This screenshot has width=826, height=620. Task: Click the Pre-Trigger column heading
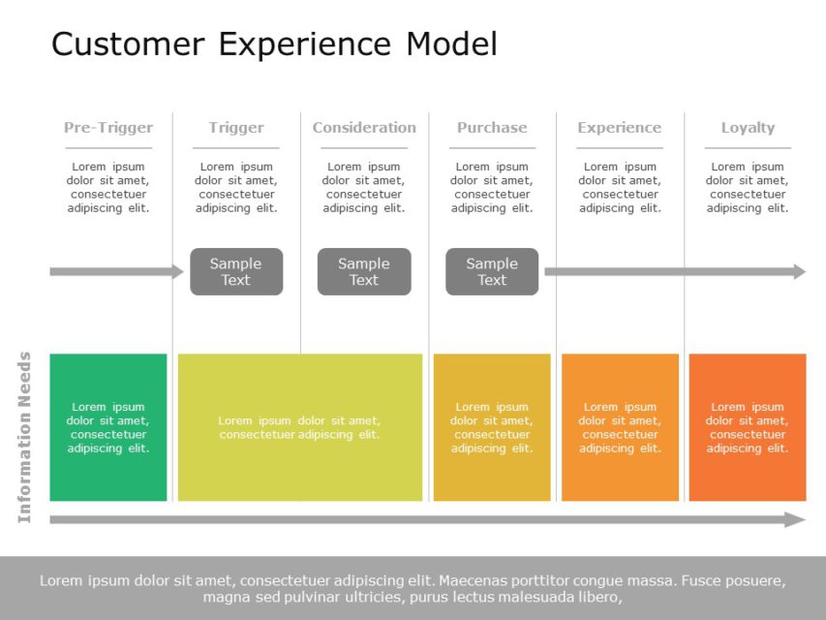pos(108,128)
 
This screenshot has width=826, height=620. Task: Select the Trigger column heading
pos(236,128)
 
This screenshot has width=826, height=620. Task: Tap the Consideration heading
pos(364,128)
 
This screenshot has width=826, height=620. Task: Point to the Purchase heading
pos(492,128)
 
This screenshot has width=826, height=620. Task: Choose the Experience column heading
pos(620,128)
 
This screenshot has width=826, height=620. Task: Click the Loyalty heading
pos(748,128)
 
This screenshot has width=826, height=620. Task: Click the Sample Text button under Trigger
pos(236,271)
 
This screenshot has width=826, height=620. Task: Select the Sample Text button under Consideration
pos(364,271)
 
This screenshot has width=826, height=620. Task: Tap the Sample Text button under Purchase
pos(492,271)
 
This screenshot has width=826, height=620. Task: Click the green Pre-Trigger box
pos(108,427)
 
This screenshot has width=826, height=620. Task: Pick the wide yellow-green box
pos(300,427)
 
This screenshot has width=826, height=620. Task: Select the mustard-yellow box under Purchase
pos(492,427)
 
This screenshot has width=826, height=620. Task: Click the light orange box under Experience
pos(620,427)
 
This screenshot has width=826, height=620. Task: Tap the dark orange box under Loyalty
pos(748,427)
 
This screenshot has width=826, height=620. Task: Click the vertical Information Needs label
pos(25,437)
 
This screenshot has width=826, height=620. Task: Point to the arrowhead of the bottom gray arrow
pos(796,520)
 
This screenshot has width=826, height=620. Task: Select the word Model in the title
pos(451,45)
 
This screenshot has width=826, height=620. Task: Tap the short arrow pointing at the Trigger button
pos(116,272)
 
